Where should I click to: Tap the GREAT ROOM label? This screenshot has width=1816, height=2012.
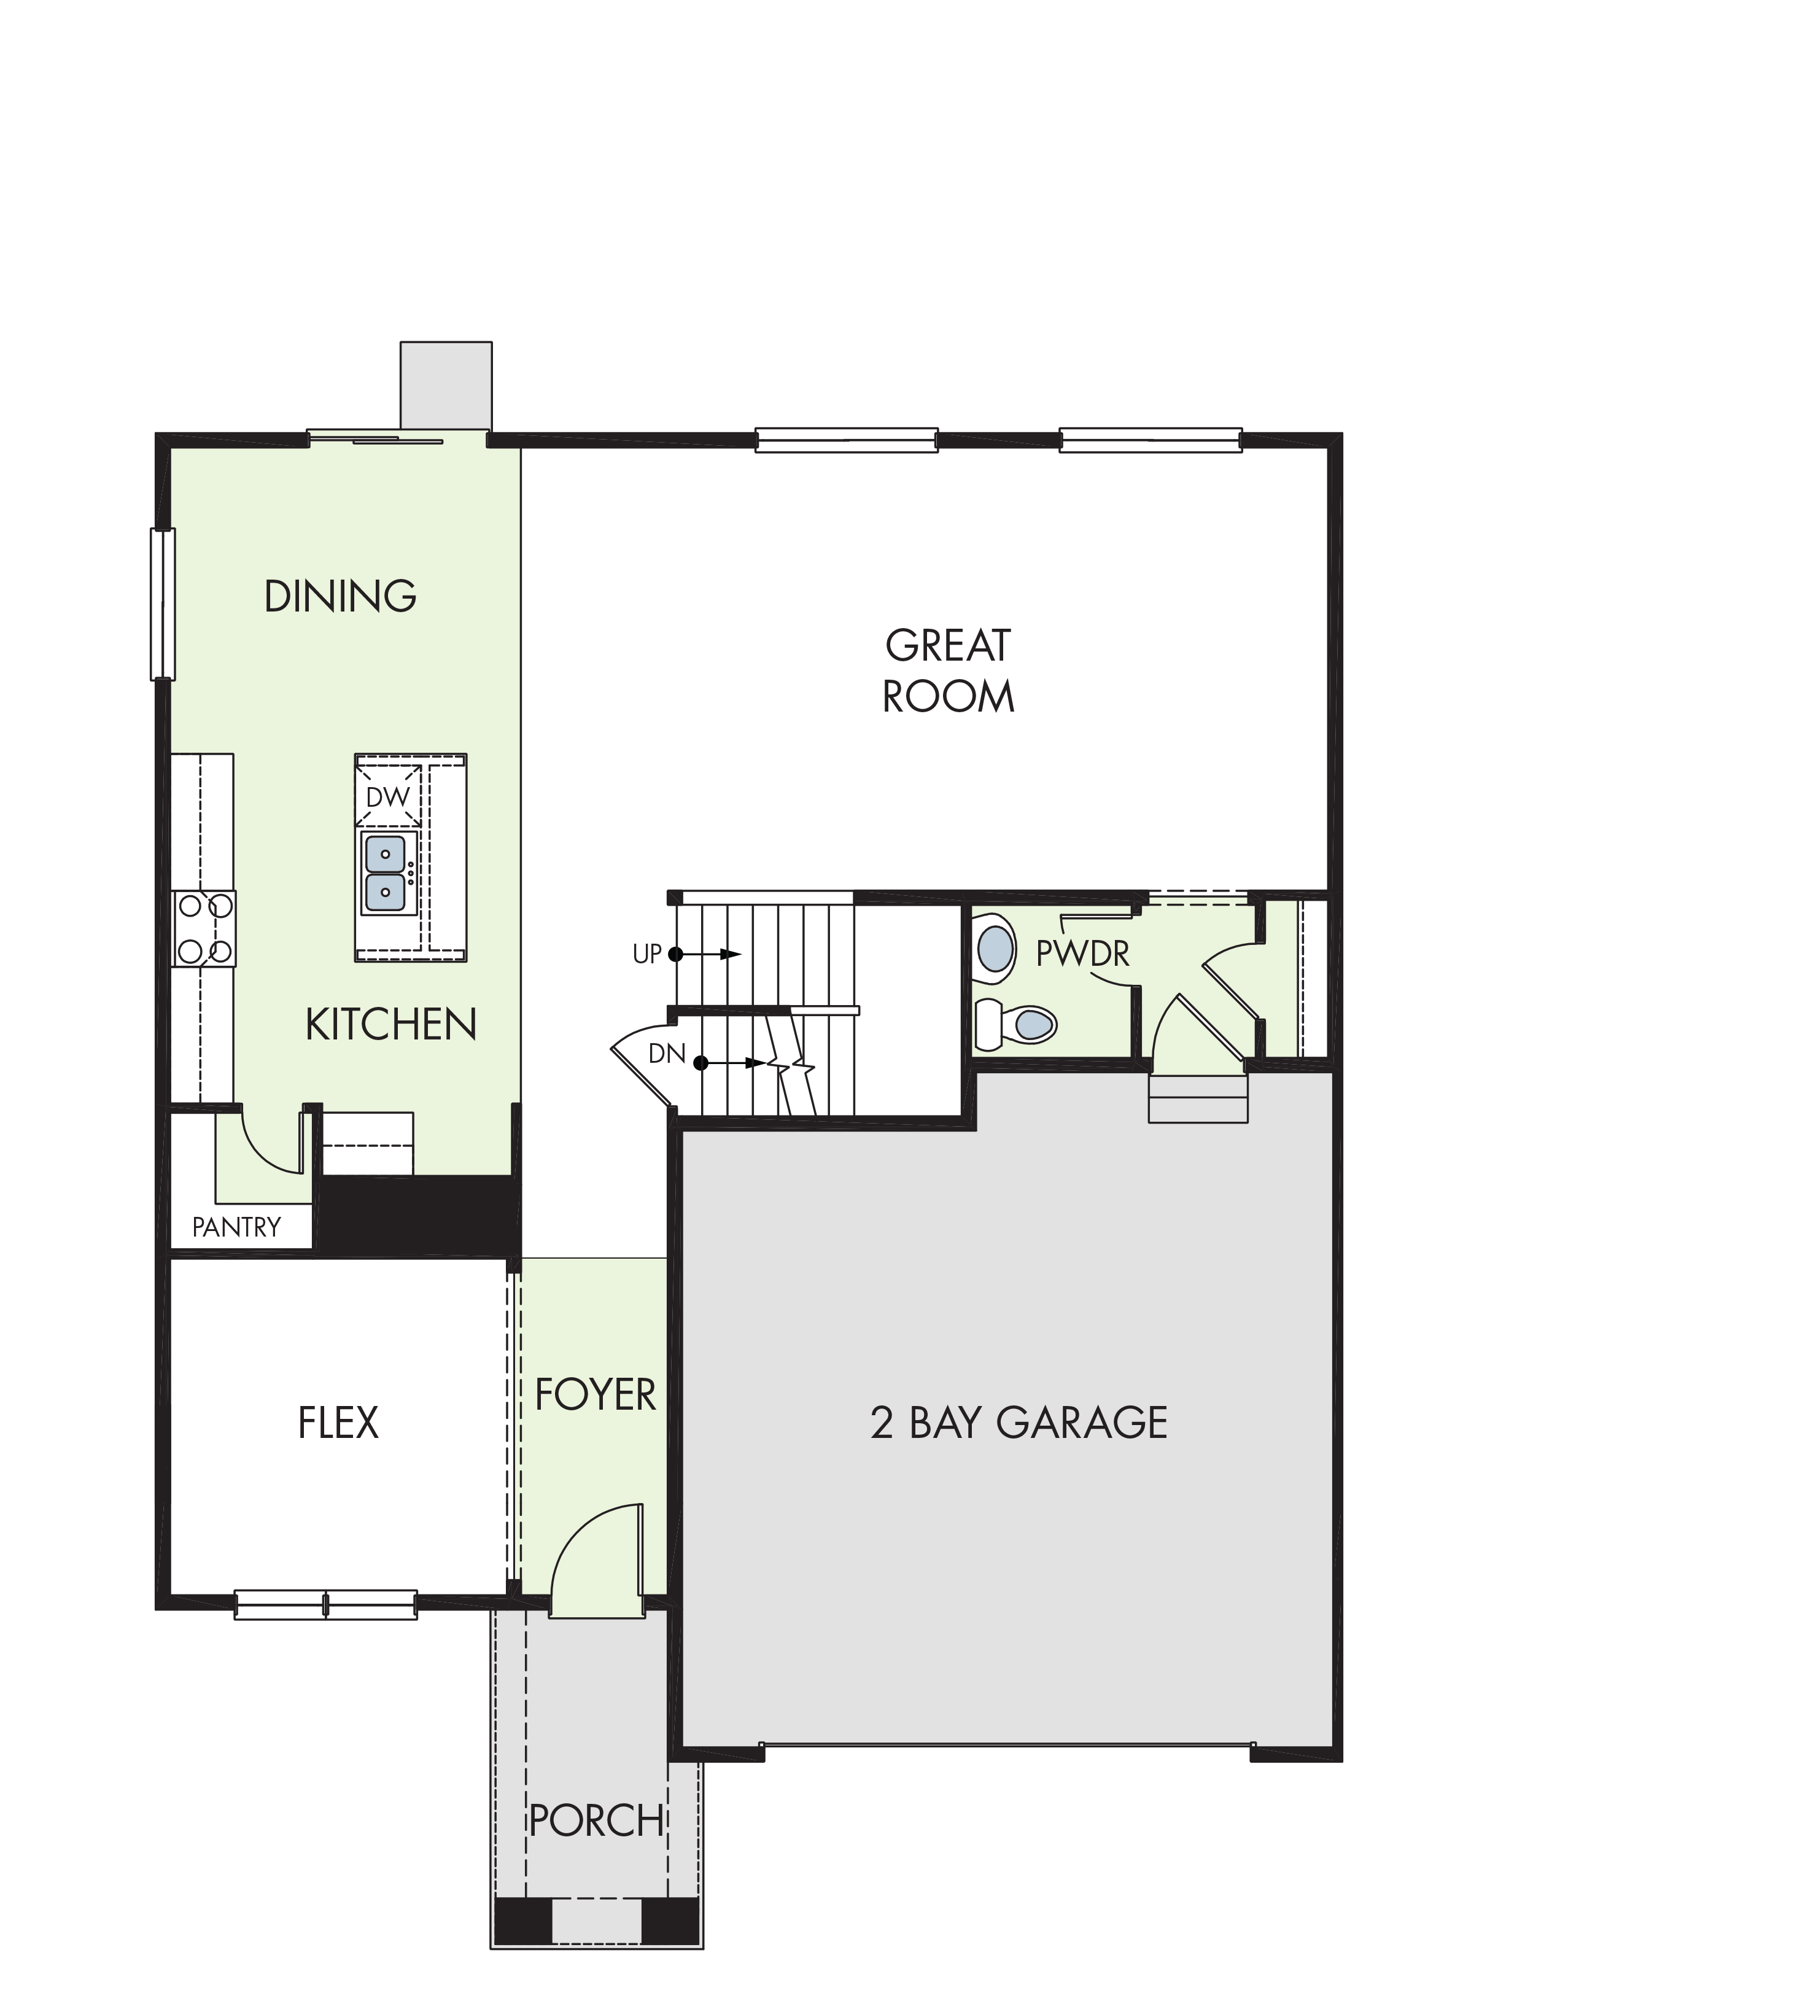(x=948, y=670)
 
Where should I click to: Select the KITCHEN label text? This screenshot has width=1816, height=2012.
(x=391, y=1024)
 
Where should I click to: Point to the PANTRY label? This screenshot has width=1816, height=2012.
(x=236, y=1227)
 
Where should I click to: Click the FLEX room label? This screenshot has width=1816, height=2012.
(x=338, y=1423)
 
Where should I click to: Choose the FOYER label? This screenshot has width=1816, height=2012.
(x=595, y=1395)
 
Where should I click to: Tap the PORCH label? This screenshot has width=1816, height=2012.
(x=596, y=1822)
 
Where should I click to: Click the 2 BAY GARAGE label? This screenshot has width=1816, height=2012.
(x=1019, y=1423)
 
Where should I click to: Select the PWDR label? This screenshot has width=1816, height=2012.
(x=1082, y=954)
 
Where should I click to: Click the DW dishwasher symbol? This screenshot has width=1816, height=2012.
(x=387, y=798)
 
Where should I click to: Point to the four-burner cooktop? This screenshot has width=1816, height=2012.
(x=204, y=928)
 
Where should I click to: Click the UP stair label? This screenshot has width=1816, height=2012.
(x=646, y=954)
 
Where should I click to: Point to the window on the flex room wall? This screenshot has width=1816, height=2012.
(x=325, y=1605)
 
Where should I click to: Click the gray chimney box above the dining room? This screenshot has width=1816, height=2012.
(x=446, y=386)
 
